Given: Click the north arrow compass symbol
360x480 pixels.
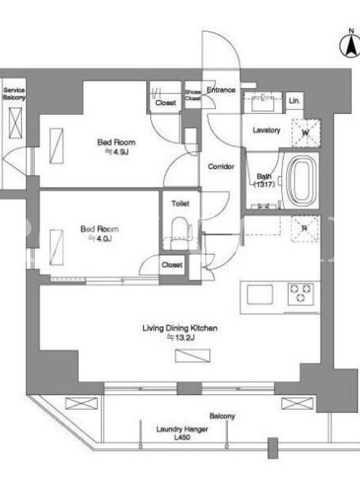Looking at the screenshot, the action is pyautogui.click(x=350, y=46).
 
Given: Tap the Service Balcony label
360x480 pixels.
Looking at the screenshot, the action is pyautogui.click(x=14, y=94).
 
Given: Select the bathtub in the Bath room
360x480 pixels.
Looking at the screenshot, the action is pyautogui.click(x=302, y=181).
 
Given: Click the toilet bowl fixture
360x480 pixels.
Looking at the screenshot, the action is pyautogui.click(x=179, y=232).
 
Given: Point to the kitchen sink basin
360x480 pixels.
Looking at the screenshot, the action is pyautogui.click(x=260, y=294).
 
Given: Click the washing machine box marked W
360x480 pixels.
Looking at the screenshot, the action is pyautogui.click(x=305, y=133).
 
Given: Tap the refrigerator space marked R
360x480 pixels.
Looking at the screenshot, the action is pyautogui.click(x=305, y=229).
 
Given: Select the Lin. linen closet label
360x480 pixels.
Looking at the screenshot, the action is pyautogui.click(x=295, y=101).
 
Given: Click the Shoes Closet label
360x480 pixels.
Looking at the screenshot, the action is pyautogui.click(x=193, y=95).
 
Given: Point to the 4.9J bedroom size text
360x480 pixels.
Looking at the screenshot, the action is pyautogui.click(x=116, y=152).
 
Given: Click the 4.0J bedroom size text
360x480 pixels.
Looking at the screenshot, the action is pyautogui.click(x=100, y=238).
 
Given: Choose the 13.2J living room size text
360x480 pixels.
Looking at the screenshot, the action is pyautogui.click(x=181, y=338).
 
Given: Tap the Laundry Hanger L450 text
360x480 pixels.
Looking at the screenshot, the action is pyautogui.click(x=182, y=433).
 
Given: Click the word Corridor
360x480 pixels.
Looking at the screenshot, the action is pyautogui.click(x=221, y=167).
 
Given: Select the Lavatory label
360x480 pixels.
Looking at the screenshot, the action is pyautogui.click(x=266, y=130).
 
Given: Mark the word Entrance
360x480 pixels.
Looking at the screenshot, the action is pyautogui.click(x=221, y=90).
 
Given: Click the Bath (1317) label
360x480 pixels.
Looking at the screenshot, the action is pyautogui.click(x=264, y=180).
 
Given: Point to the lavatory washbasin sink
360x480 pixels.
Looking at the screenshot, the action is pyautogui.click(x=263, y=103).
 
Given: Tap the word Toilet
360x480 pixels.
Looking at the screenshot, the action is pyautogui.click(x=181, y=203).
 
